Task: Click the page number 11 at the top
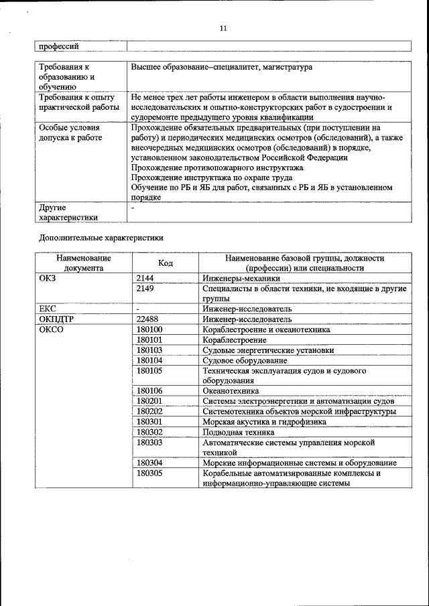coord(223,28)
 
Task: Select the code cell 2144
coord(145,277)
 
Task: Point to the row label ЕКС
coord(48,309)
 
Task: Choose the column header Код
coord(165,263)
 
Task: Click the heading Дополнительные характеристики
coord(101,237)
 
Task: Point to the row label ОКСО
coord(51,330)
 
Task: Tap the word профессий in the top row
coord(59,46)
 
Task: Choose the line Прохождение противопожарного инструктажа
coord(218,167)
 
